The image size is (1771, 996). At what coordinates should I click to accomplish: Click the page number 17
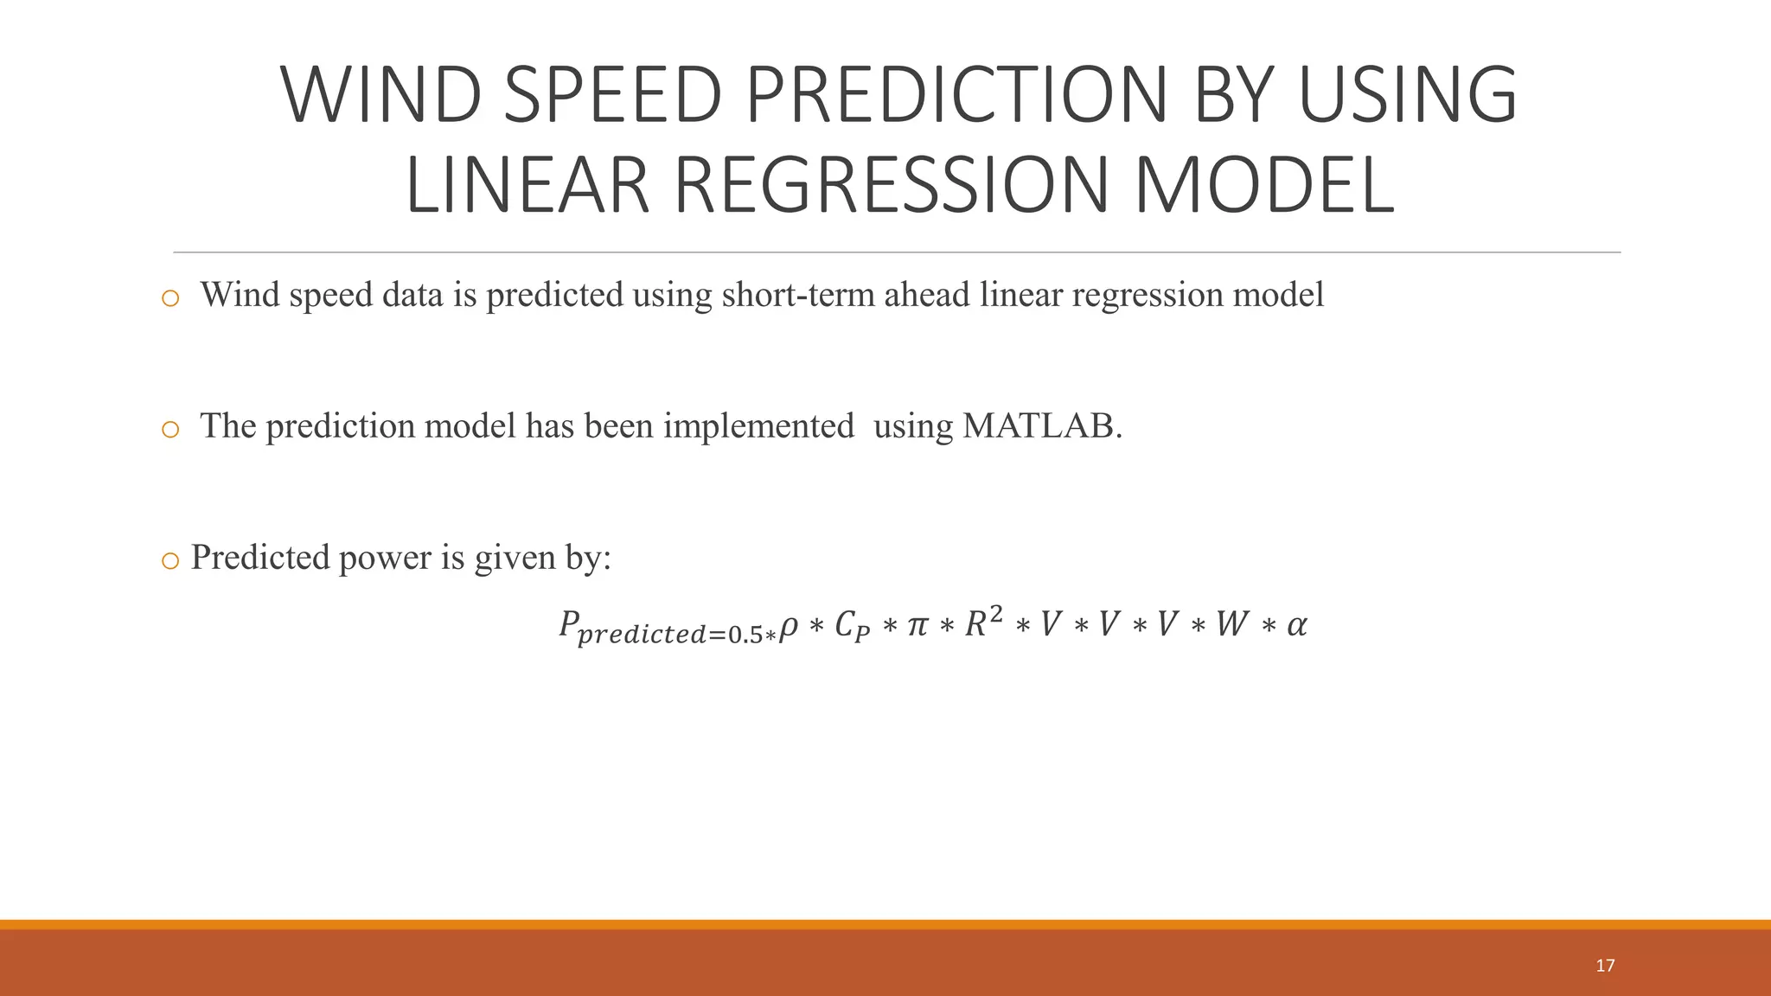(1605, 966)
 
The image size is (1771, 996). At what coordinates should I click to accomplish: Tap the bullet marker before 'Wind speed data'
(170, 299)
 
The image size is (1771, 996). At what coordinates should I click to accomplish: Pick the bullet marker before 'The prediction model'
(170, 430)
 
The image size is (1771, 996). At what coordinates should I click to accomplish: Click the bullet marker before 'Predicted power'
(170, 561)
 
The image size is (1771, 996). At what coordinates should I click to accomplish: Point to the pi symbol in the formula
(916, 625)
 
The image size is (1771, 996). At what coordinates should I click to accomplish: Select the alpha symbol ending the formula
(1296, 625)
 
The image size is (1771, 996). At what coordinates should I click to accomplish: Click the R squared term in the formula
(983, 622)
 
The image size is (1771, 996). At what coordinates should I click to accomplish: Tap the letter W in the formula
(1231, 624)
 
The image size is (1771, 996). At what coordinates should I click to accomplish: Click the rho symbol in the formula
(788, 627)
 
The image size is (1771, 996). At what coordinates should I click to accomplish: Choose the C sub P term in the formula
(852, 627)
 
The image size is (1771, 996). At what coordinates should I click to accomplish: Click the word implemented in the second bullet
(758, 426)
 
